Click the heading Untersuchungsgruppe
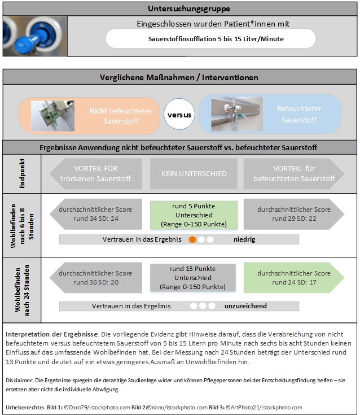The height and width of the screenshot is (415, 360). click(181, 9)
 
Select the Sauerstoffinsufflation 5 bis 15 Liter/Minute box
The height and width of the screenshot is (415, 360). click(212, 39)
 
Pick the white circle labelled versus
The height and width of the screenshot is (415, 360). click(179, 115)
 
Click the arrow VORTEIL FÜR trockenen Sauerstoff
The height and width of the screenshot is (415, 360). click(97, 174)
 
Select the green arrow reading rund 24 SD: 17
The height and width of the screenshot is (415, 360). click(293, 277)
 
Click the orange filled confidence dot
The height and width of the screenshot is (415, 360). click(192, 239)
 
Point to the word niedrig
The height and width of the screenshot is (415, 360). click(244, 239)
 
